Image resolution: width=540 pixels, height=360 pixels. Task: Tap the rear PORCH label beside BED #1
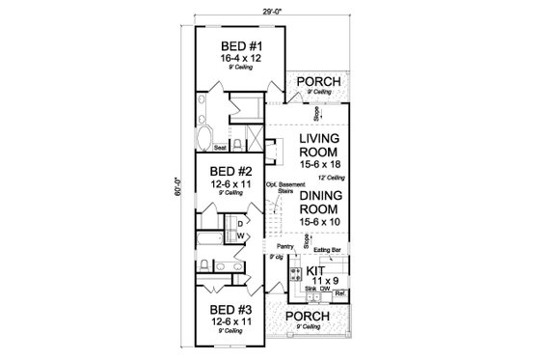(317, 82)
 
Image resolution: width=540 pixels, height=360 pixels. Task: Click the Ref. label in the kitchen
(340, 292)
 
